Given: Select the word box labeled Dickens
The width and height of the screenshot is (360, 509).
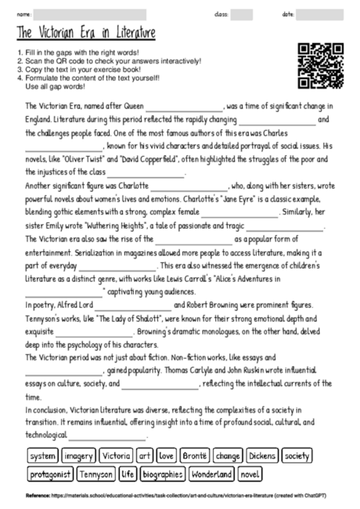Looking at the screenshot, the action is [263, 455].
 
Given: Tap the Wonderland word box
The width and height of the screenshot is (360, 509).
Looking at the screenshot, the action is [211, 474].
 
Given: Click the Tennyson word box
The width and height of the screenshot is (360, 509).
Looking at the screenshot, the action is [96, 474].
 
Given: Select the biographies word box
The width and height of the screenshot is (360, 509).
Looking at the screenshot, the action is [163, 474].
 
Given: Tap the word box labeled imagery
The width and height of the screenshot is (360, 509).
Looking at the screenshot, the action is [79, 455].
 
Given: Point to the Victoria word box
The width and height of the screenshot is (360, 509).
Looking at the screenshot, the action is [116, 455].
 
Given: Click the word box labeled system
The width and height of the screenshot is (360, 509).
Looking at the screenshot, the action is [41, 455].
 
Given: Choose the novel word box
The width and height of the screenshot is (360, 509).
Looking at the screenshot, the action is [250, 474].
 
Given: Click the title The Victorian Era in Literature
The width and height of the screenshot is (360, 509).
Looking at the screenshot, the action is [85, 33].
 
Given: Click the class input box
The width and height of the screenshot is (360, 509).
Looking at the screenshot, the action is [242, 14].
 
